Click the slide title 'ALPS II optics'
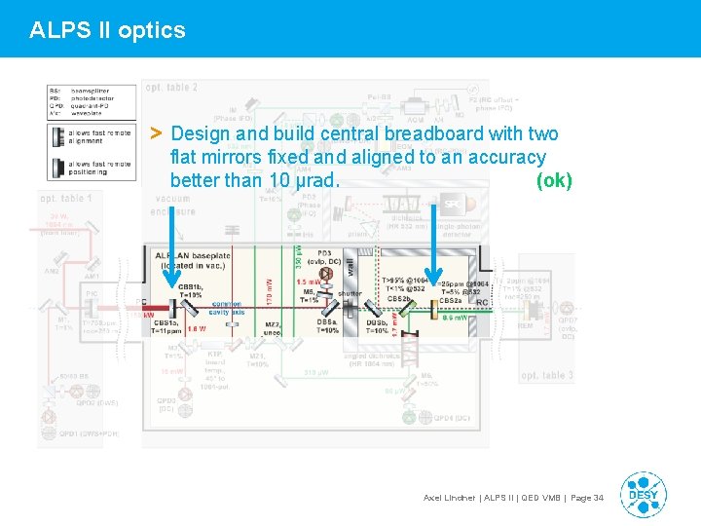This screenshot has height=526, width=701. tap(107, 30)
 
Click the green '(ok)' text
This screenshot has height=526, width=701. tap(554, 181)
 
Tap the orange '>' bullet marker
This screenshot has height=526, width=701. tap(156, 132)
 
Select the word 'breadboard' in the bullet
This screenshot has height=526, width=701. tap(442, 133)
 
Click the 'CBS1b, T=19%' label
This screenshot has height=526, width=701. tap(190, 290)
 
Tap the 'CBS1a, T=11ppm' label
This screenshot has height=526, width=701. tap(172, 327)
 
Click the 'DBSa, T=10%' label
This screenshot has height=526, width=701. tap(325, 326)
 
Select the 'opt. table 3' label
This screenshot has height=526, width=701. tap(546, 375)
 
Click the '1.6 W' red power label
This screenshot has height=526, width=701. tap(197, 329)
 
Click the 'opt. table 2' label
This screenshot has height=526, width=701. tap(171, 87)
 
